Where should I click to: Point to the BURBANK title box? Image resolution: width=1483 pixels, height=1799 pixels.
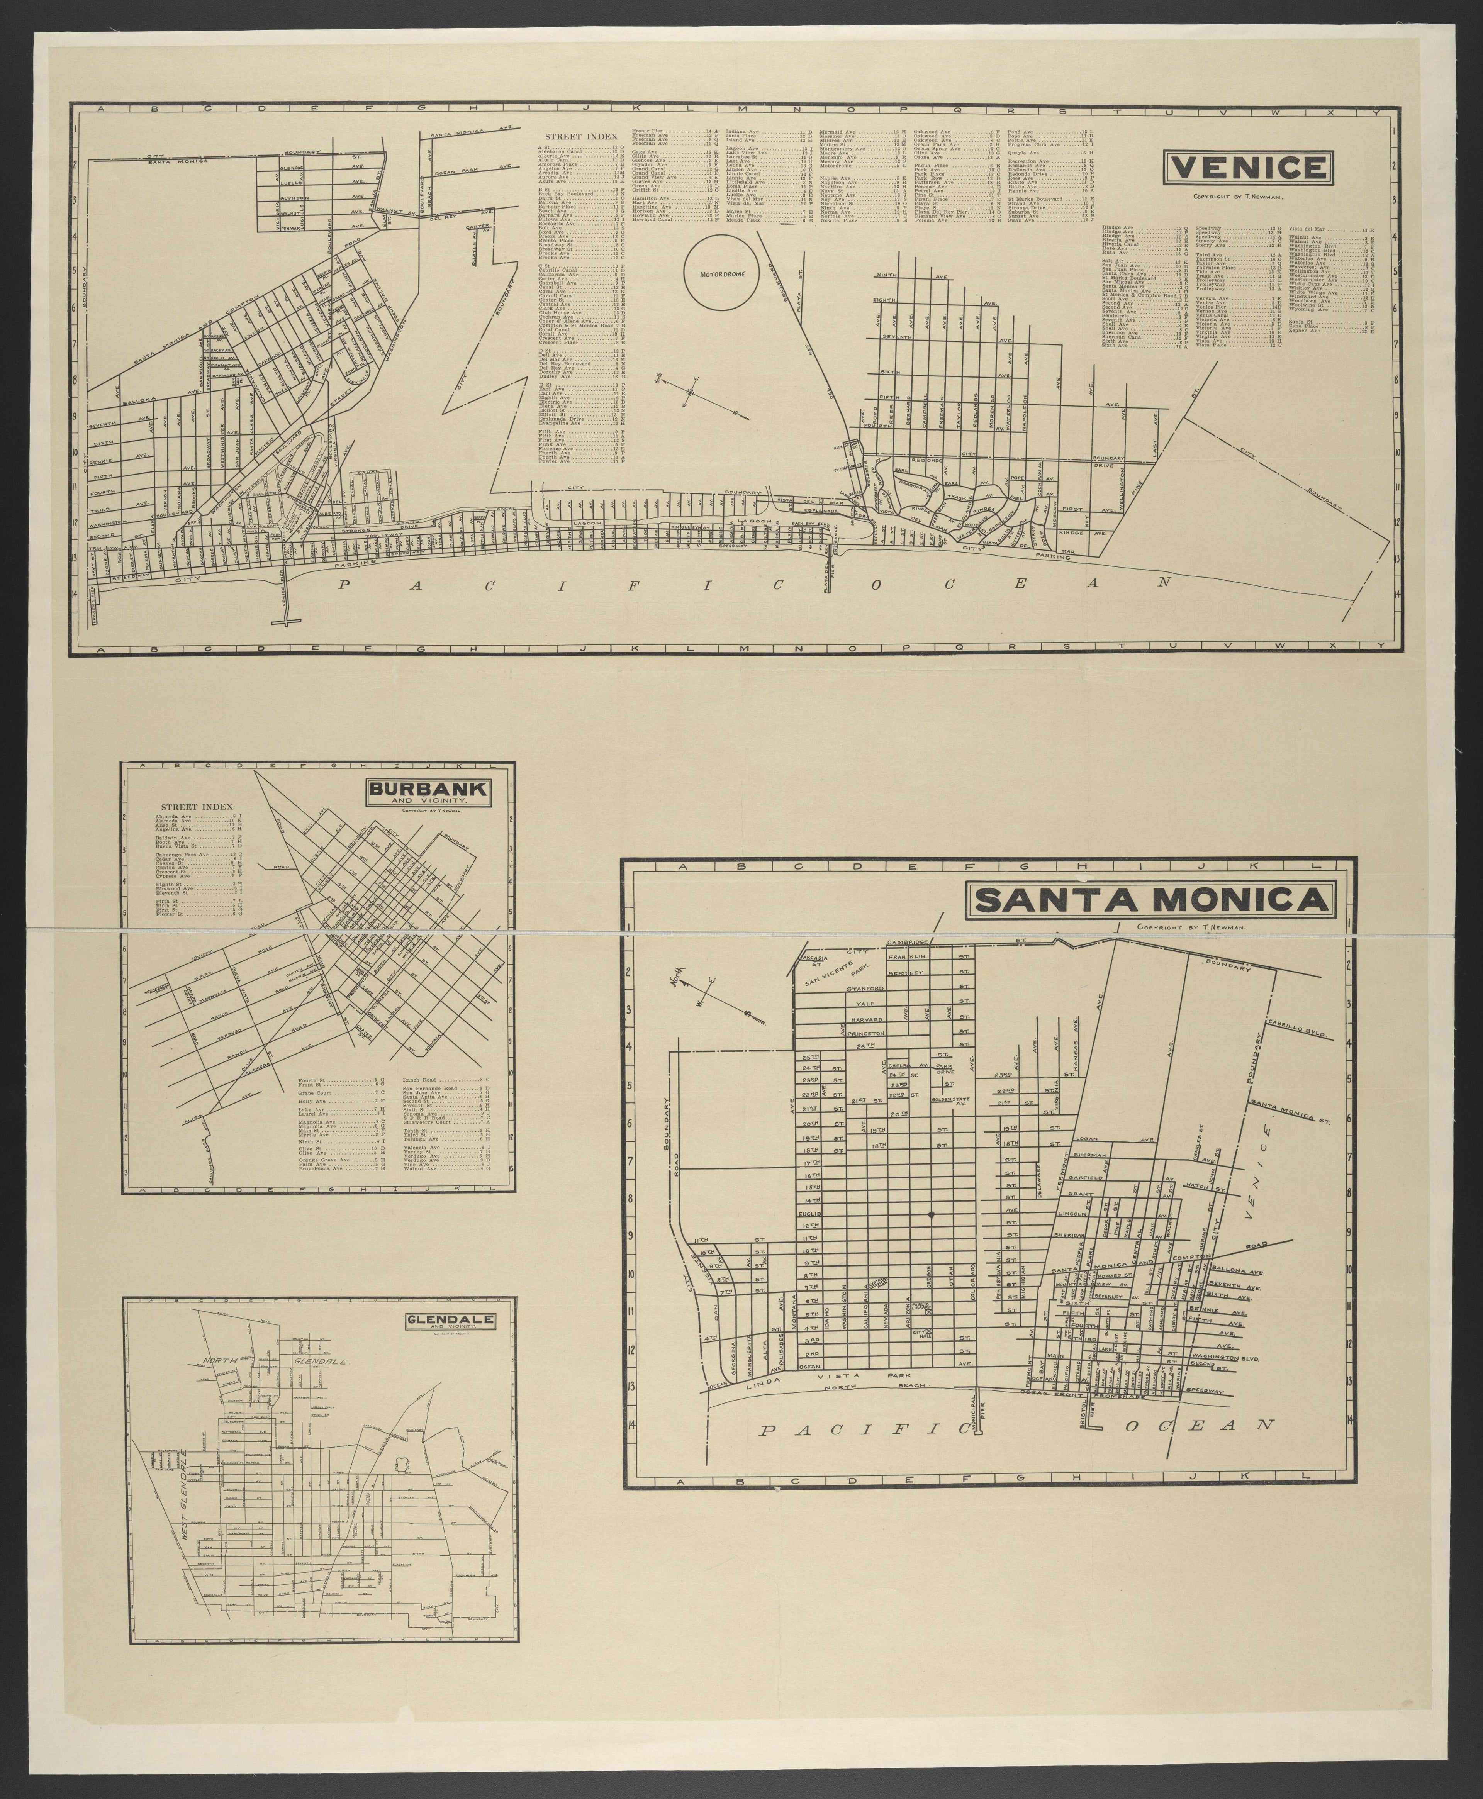(428, 793)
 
